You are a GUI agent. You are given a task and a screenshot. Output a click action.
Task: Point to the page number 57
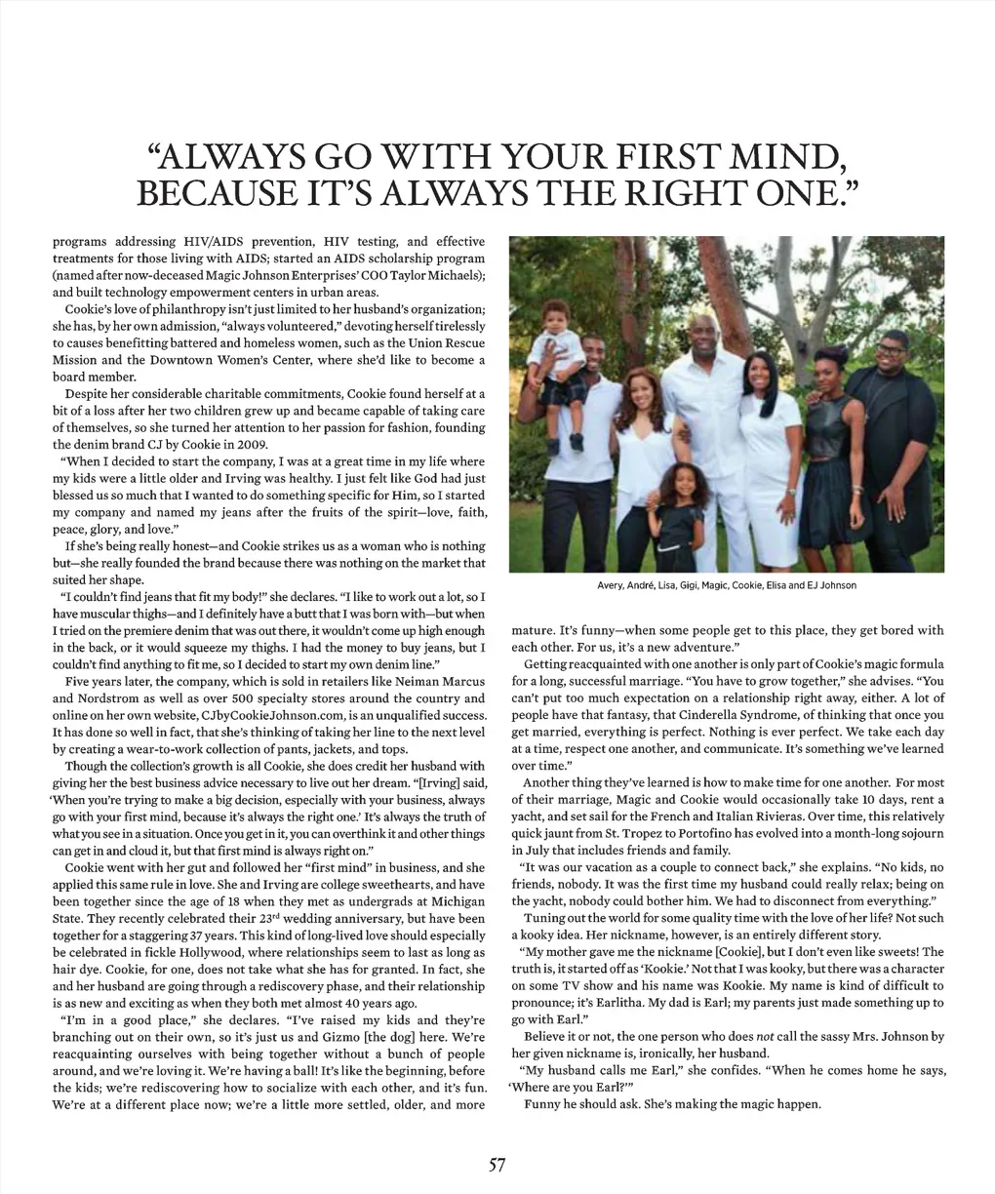pos(497,1163)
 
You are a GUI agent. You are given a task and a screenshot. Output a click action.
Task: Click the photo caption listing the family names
pos(726,585)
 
